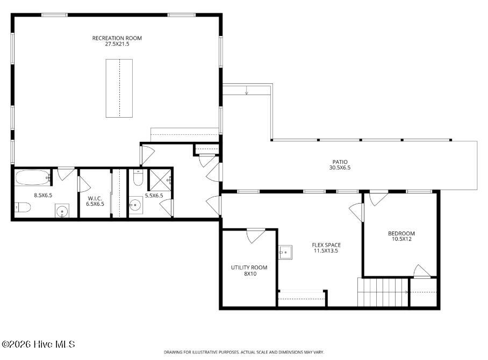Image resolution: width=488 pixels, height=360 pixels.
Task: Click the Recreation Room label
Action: click(x=117, y=38)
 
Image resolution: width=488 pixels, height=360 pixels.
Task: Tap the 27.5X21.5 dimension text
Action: click(x=117, y=44)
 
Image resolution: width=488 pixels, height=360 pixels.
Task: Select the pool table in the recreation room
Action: click(x=119, y=88)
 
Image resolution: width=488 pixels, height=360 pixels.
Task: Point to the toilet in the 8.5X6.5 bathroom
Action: click(x=22, y=207)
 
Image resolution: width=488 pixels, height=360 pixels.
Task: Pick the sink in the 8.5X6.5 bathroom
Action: click(x=62, y=211)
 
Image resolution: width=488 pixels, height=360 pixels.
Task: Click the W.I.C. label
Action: click(x=95, y=198)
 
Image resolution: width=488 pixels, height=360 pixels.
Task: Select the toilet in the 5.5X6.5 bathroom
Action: click(x=138, y=177)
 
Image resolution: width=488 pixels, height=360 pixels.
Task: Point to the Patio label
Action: click(x=340, y=162)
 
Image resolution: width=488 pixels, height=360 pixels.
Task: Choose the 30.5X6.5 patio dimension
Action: click(x=340, y=168)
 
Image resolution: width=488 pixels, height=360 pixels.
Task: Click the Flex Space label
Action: click(x=326, y=245)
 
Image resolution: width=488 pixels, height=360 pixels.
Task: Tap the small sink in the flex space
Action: click(x=285, y=250)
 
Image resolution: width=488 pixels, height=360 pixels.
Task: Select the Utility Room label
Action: click(x=249, y=268)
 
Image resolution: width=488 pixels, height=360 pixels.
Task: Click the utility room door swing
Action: click(x=256, y=235)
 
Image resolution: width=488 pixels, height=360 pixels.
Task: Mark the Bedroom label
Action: click(x=401, y=233)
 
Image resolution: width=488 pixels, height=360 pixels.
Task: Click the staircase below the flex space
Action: click(x=383, y=292)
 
